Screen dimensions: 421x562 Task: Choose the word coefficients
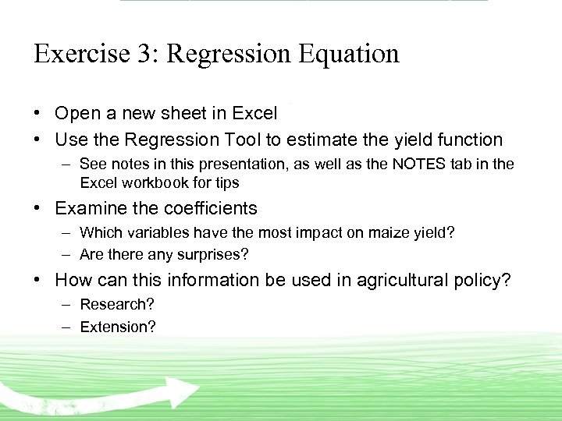pos(211,209)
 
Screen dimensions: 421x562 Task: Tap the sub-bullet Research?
pos(116,304)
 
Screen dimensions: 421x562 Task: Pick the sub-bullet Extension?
pos(118,327)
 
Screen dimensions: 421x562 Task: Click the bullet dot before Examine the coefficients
pos(38,209)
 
